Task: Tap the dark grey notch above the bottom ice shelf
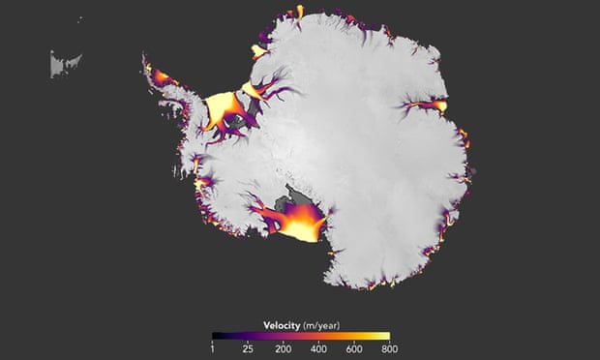click(287, 204)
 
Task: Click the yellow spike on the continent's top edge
click(299, 12)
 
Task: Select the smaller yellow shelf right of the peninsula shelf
click(256, 90)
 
